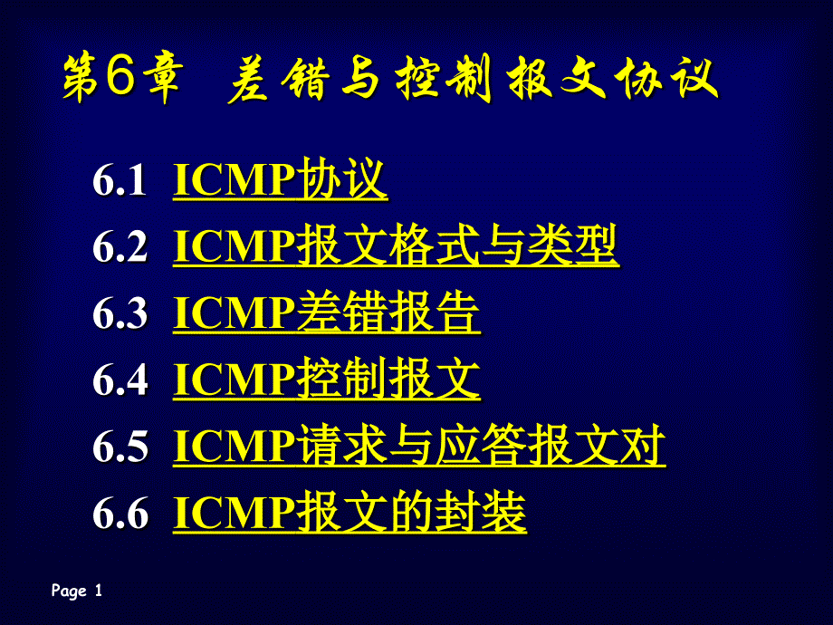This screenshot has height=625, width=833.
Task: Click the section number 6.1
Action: click(x=120, y=180)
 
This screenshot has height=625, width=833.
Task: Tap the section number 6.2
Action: click(x=120, y=246)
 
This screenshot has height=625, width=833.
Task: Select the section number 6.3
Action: click(x=120, y=313)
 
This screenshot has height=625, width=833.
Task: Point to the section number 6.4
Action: click(x=120, y=380)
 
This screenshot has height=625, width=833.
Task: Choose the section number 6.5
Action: click(x=120, y=446)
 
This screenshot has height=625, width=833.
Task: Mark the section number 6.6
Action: click(x=120, y=513)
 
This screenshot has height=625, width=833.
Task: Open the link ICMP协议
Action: click(x=280, y=179)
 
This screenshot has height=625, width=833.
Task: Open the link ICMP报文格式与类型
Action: click(x=396, y=245)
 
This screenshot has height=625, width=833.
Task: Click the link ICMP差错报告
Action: click(x=327, y=312)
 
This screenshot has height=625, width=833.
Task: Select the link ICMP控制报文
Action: click(x=327, y=379)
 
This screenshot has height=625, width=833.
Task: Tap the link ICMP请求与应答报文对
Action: click(x=419, y=446)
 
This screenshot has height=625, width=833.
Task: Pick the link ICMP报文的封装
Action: click(x=349, y=512)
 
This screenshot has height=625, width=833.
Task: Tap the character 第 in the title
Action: click(x=81, y=78)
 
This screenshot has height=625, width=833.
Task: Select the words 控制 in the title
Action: click(x=444, y=79)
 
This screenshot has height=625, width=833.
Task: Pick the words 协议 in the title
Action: click(x=666, y=79)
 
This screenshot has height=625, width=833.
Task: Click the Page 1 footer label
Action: click(x=76, y=591)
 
